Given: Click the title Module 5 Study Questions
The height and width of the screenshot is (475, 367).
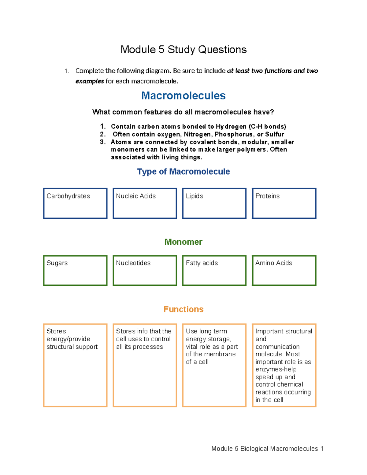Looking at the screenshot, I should pos(183,50).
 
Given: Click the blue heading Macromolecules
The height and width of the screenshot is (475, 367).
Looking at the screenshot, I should pos(183,96).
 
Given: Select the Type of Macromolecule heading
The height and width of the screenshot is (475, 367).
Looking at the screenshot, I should pos(183,172).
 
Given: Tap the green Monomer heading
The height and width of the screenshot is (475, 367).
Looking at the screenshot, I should pos(183,242).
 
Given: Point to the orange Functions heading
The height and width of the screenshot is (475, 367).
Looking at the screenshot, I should pos(183,309).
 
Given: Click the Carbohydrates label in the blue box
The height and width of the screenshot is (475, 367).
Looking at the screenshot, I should pos(68,196).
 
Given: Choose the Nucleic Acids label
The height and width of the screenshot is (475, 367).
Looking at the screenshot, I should pos(136,196).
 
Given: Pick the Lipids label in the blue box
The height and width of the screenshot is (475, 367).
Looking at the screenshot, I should pos(195,196).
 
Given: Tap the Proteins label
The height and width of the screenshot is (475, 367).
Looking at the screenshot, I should pos(267,196).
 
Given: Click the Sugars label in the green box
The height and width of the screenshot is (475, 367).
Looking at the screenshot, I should pos(57,263).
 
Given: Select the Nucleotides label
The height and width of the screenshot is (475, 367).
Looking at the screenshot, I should pos(133,263).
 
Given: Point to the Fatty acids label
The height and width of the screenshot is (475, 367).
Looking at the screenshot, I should pos(202,263).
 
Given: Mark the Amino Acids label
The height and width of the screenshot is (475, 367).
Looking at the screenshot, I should pos(274,263).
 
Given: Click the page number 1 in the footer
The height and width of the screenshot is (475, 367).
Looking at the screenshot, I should pos(321,449).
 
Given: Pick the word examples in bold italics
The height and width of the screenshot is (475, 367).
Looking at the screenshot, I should pos(90,81).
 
